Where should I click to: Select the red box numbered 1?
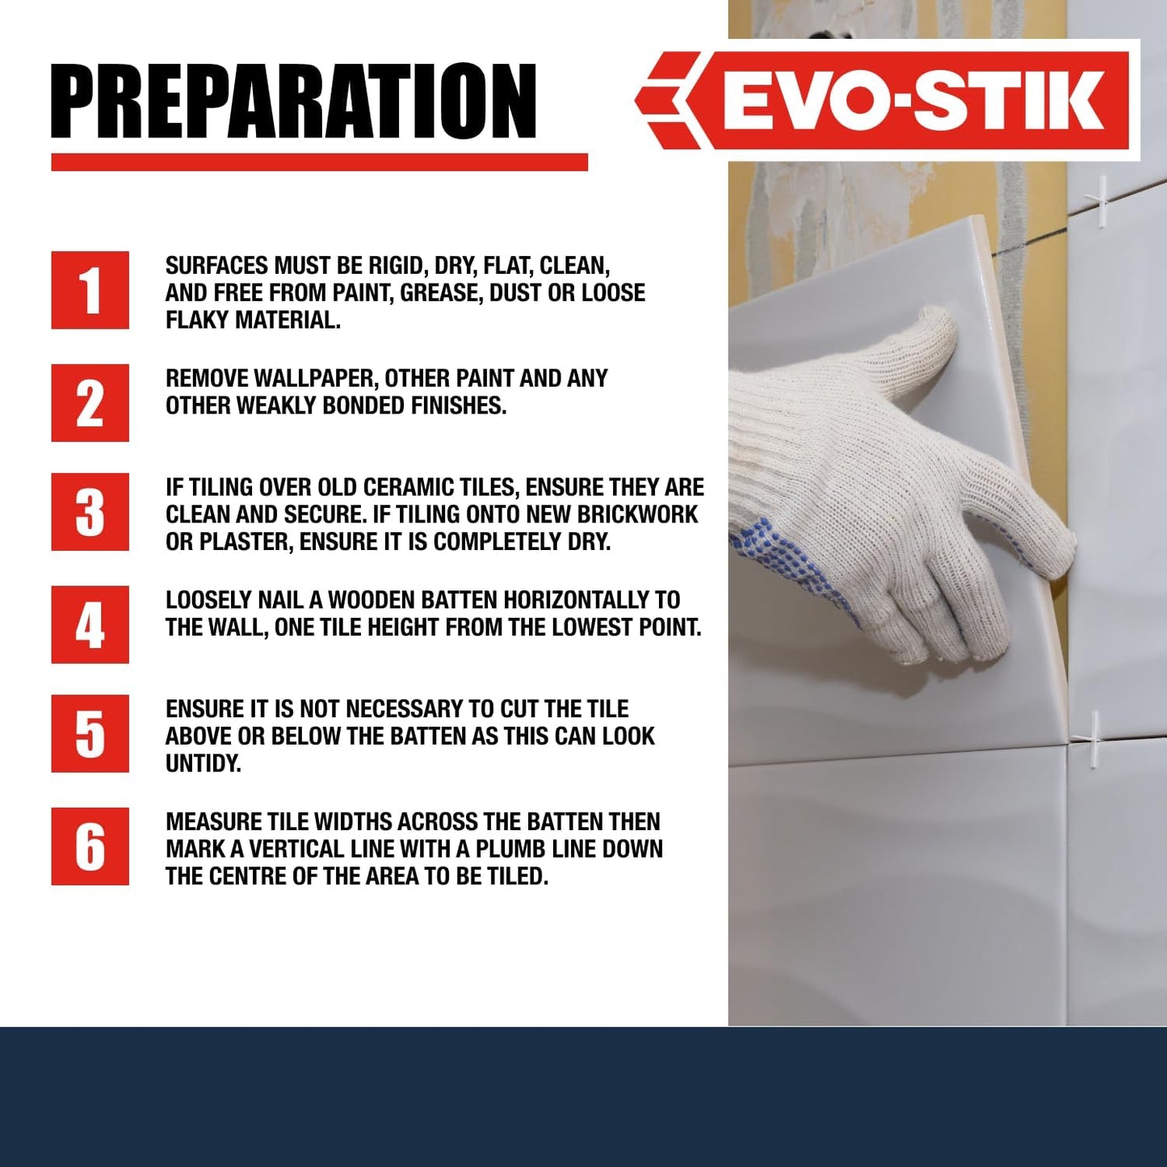90,290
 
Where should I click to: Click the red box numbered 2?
90,402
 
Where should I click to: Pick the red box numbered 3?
90,512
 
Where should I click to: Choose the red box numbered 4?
90,624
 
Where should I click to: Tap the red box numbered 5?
90,733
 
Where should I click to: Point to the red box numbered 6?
90,846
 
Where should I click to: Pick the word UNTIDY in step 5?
203,763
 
